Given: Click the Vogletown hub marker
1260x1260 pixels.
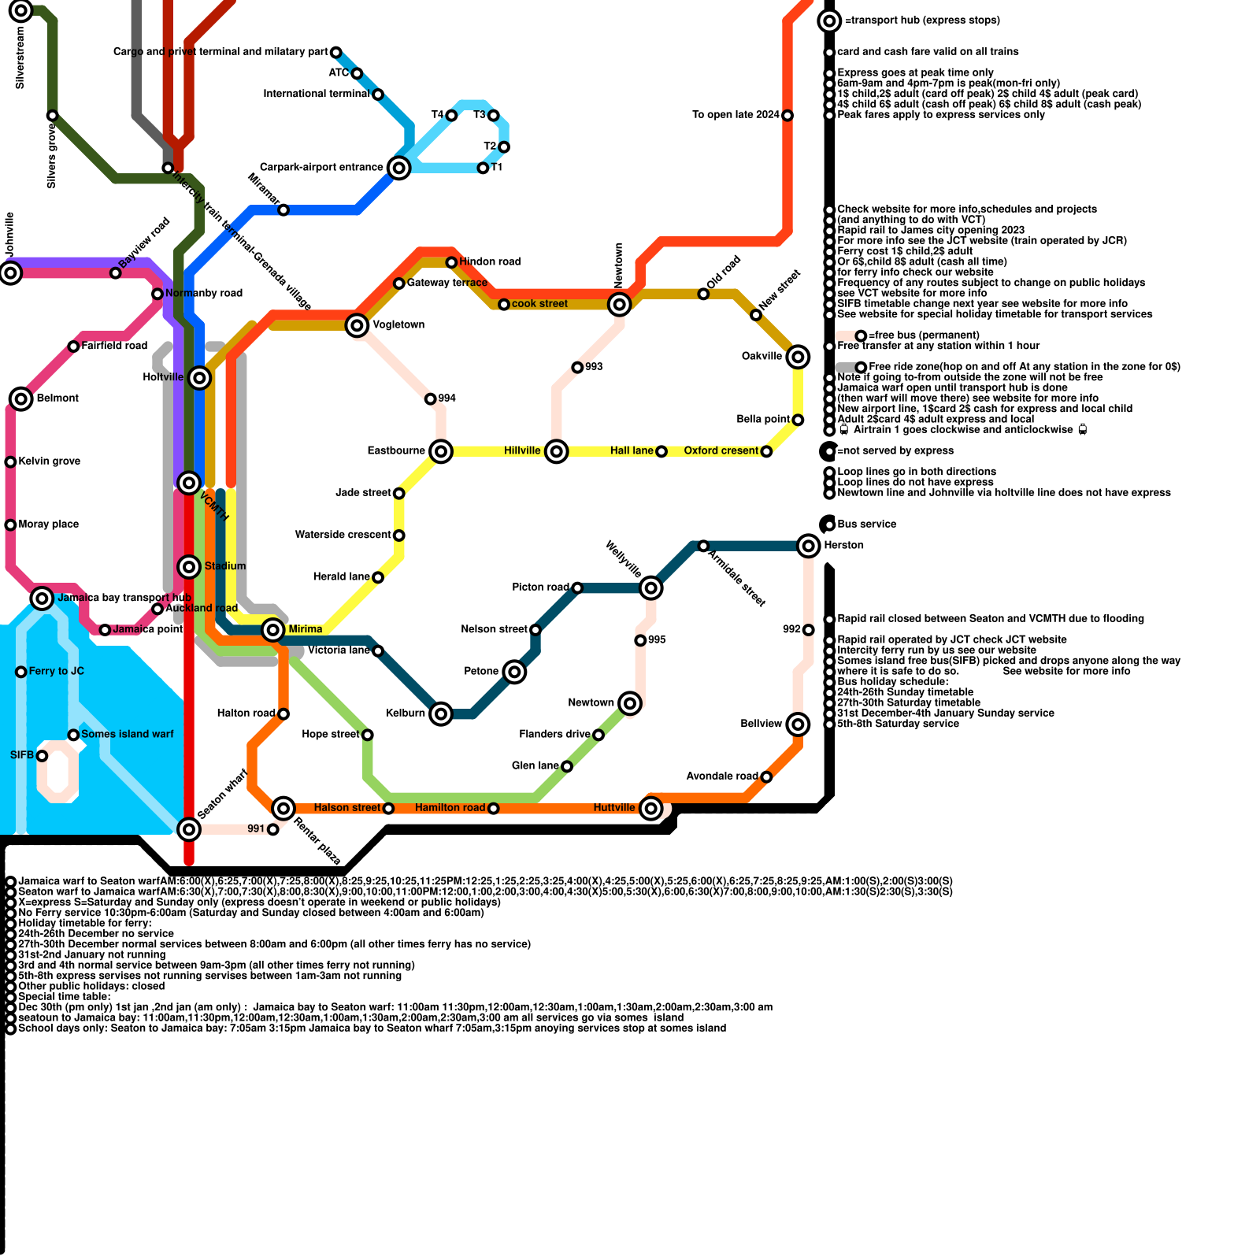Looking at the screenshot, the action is point(357,324).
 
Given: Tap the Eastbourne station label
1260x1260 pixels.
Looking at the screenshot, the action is point(396,450).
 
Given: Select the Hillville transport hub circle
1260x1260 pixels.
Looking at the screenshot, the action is point(557,451).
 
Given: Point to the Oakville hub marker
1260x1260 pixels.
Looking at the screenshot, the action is point(798,356).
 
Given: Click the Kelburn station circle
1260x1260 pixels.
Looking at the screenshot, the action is point(441,713).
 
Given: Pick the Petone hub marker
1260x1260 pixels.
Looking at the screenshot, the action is point(514,672).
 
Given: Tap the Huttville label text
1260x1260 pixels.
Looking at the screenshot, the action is point(614,808).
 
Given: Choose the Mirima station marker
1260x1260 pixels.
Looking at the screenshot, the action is point(273,629).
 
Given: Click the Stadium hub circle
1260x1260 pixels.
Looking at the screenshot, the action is point(189,566).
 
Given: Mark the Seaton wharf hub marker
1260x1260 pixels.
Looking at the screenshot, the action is point(189,828).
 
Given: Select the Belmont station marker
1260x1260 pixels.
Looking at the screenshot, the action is point(21,398).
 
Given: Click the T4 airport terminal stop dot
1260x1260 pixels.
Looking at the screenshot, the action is point(451,116).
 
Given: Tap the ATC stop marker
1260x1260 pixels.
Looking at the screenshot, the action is point(357,73).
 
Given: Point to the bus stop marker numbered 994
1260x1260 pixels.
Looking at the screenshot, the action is point(430,399).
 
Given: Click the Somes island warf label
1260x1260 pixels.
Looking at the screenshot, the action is point(128,734).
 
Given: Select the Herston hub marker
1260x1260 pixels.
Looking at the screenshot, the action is point(809,545).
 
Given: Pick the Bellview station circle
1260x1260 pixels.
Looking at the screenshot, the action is point(798,724).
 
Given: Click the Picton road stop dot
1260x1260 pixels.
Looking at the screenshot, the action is point(577,587).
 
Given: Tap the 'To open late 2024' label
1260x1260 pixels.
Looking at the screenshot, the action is point(736,115).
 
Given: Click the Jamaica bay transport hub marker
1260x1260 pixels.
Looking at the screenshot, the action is point(42,598).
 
